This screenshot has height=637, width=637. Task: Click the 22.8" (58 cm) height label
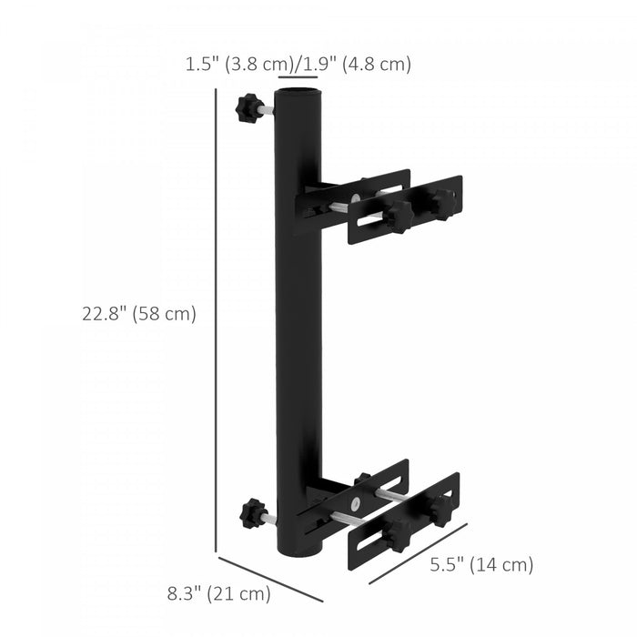point(139,314)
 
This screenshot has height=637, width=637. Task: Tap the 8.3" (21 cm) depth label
point(219,594)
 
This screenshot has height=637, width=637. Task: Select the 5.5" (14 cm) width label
point(481,564)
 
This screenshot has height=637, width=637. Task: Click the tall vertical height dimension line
point(217,318)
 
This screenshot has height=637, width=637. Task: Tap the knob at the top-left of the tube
point(247,109)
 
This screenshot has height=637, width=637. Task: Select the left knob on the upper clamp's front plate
point(397,216)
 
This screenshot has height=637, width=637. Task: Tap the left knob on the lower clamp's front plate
point(397,538)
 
